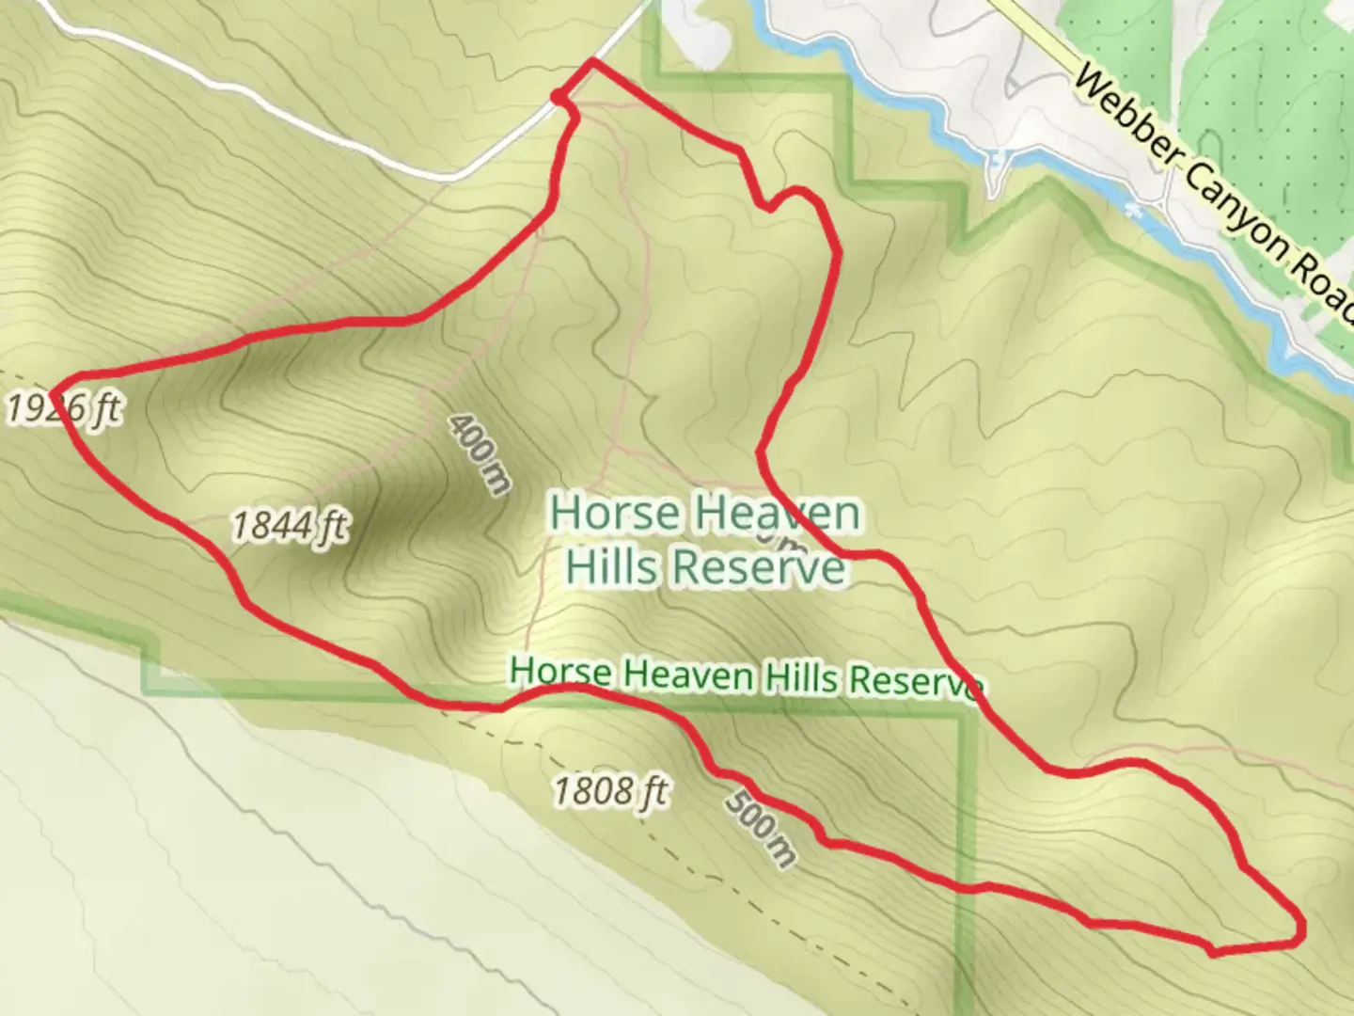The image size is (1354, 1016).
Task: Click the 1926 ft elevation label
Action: click(63, 409)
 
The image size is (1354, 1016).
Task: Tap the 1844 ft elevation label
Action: click(289, 525)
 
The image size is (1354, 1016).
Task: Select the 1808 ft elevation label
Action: click(609, 791)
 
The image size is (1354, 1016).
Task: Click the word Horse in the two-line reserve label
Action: click(615, 514)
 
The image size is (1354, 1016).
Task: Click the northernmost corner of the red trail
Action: click(591, 61)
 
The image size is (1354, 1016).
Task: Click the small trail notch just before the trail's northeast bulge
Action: click(768, 206)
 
